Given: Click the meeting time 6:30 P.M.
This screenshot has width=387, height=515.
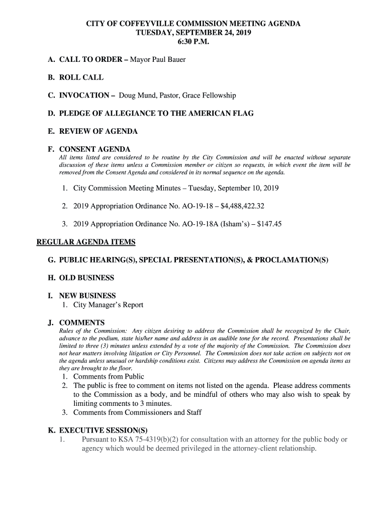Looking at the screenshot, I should [193, 42].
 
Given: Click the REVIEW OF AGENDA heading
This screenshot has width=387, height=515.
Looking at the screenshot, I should [98, 131].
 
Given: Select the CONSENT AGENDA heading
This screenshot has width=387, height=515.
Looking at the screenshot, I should [94, 149].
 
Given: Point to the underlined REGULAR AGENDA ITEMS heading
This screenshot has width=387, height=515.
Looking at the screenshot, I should [86, 242].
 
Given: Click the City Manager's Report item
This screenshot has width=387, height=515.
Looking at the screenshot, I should [108, 305].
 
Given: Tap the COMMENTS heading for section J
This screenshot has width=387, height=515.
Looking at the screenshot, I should [82, 322].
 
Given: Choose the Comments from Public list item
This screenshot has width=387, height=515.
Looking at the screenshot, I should [109, 377].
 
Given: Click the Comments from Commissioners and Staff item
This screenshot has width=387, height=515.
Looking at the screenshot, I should [137, 413].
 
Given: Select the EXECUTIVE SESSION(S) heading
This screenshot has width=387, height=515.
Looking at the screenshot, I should [103, 431].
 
